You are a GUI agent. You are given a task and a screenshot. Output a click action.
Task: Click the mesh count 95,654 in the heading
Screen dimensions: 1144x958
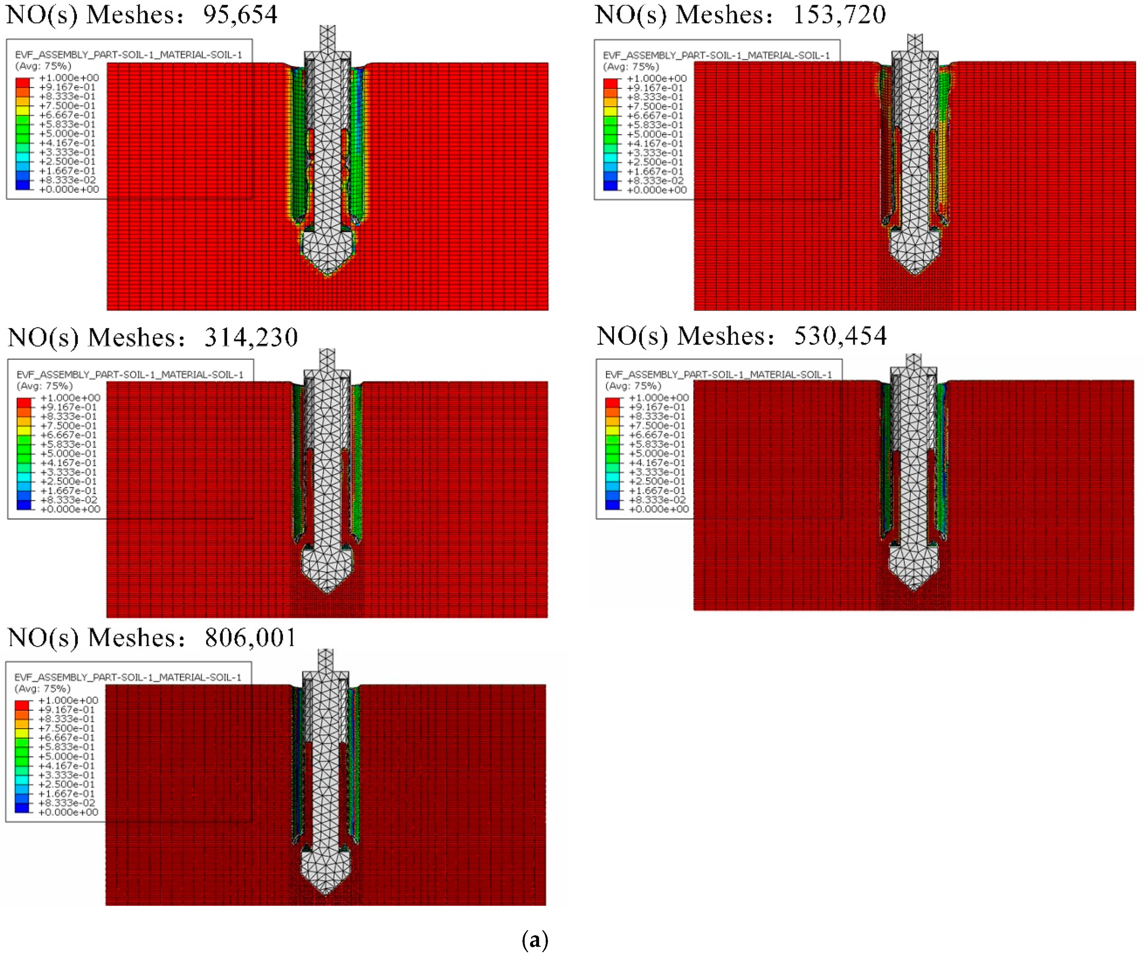click(240, 15)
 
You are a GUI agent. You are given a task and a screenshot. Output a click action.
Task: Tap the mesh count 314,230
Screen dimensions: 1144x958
click(251, 337)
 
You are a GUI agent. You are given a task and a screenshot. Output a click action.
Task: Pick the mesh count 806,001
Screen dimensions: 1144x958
click(251, 637)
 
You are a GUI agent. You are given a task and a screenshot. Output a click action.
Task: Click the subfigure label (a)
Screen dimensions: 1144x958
click(535, 940)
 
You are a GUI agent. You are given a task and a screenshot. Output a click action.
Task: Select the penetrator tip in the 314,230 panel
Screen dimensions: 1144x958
click(328, 592)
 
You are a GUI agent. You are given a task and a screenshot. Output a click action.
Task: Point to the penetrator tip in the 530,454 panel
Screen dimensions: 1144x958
click(914, 590)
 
